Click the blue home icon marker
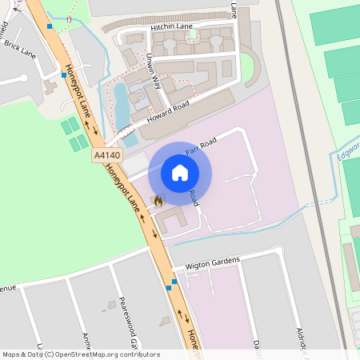coord(180,173)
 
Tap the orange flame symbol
coord(158,201)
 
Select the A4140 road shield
coord(106,154)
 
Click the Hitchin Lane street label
coord(172,27)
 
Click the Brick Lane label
coord(20,50)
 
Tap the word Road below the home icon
coord(192,198)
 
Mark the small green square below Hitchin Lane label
coord(193,36)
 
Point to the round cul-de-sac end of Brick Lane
coord(22,78)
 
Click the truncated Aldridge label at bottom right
coord(301,340)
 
